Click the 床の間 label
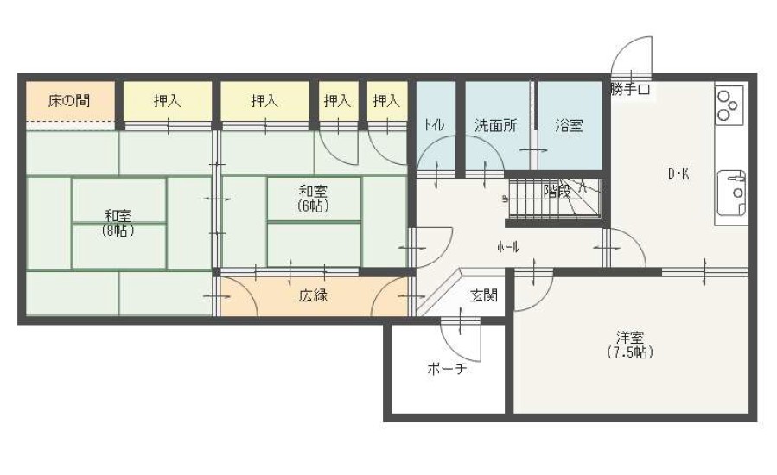[x=69, y=101]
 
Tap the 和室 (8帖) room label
[x=118, y=223]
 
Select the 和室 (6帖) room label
[x=313, y=198]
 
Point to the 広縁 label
[x=313, y=296]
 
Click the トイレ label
[x=434, y=125]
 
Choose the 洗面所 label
[x=495, y=125]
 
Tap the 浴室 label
[x=569, y=125]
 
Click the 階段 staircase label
[x=557, y=191]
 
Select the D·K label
[x=678, y=174]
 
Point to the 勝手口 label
[x=630, y=90]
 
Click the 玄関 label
[x=484, y=296]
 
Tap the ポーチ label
[x=447, y=369]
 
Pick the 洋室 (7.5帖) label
[x=630, y=345]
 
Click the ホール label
[x=508, y=247]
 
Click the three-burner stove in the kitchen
[x=729, y=105]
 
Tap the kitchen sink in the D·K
[x=732, y=193]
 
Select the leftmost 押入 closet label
[x=167, y=101]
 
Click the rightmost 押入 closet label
[x=386, y=101]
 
